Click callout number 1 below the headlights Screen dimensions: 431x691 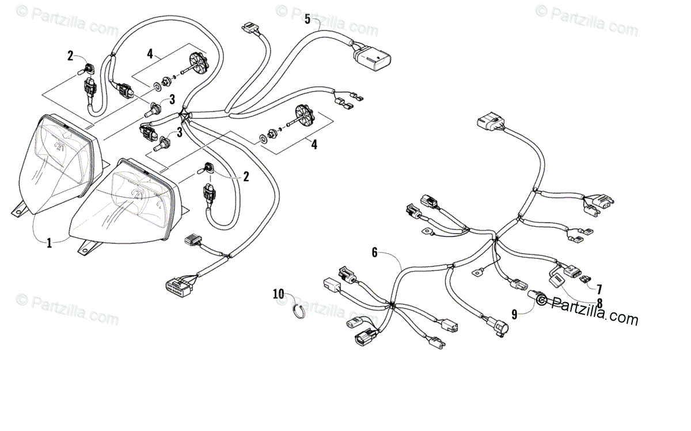[x=49, y=243]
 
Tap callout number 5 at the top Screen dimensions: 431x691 [x=307, y=19]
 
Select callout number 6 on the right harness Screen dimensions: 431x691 [x=374, y=251]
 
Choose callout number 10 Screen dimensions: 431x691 [x=279, y=294]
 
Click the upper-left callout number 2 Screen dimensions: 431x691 [x=70, y=56]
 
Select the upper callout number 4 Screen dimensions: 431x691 [x=150, y=55]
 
